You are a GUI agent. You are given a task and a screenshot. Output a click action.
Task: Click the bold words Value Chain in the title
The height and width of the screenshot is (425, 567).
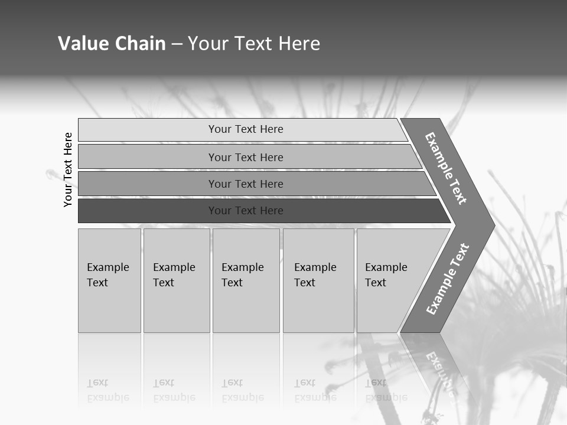tap(112, 44)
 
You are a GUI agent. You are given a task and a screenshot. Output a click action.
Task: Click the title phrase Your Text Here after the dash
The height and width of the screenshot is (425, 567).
tap(254, 44)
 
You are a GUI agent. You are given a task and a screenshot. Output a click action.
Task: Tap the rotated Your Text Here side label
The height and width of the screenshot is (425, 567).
tap(69, 169)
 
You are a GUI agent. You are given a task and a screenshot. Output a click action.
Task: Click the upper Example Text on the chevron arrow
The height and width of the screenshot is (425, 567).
tap(446, 168)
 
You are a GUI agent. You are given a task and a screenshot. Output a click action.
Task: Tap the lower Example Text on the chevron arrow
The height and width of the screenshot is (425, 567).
tap(447, 279)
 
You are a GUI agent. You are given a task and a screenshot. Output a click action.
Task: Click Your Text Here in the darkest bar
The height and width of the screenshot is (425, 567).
tap(246, 211)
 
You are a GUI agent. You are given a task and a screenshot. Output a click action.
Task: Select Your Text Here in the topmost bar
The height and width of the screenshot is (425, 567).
tap(246, 129)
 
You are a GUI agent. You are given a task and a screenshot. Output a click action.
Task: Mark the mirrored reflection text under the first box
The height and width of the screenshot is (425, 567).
tap(108, 390)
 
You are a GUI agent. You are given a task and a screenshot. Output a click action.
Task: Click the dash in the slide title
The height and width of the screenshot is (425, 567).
tap(177, 44)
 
